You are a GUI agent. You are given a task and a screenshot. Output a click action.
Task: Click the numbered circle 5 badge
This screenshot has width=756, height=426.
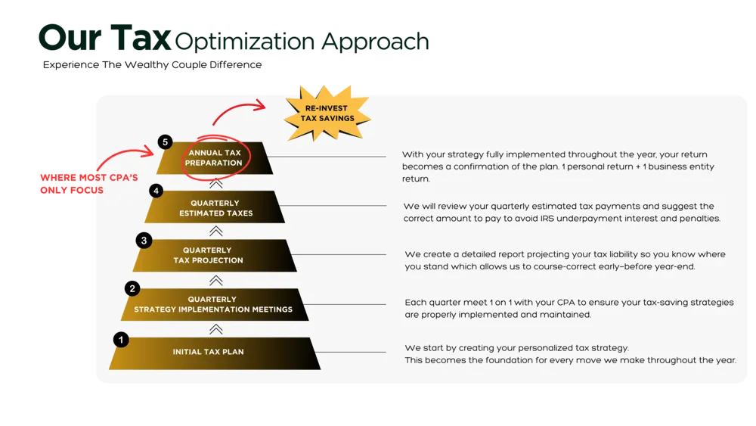coord(165,141)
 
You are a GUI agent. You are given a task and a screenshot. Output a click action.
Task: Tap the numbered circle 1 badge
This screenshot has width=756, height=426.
coord(121,340)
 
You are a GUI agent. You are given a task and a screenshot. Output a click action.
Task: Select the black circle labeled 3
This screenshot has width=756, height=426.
coord(144,241)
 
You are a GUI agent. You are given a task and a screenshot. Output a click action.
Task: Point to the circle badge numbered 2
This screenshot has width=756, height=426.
coord(132,288)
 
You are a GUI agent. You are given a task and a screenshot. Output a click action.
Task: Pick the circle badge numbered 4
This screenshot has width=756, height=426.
coord(156,191)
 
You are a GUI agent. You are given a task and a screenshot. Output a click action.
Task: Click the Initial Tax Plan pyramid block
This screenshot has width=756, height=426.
coord(215,353)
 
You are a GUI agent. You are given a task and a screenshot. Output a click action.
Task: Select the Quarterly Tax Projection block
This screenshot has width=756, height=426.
coord(215,255)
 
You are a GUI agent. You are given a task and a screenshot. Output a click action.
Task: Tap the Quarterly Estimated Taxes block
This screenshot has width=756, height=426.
coord(215,207)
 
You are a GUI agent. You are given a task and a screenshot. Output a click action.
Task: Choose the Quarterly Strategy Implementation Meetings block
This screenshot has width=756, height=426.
coord(215,304)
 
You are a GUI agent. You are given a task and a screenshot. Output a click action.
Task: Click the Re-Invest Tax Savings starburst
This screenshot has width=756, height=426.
coord(327,113)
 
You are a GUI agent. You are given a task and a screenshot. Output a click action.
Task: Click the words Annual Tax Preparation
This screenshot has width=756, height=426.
coord(214,157)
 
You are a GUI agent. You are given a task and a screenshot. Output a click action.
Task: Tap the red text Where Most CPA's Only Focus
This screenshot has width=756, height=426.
coord(88,184)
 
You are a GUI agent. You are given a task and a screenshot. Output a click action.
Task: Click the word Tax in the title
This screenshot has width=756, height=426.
coord(141,38)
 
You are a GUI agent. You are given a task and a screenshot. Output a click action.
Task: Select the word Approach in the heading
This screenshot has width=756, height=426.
coord(375,42)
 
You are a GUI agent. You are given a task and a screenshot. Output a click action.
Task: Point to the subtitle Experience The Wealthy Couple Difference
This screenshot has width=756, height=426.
coord(153,64)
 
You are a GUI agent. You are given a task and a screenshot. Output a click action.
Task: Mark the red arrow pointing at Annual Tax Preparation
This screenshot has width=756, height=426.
coord(125,155)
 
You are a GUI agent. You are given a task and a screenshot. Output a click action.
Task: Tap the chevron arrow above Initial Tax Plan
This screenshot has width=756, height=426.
coord(216,329)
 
